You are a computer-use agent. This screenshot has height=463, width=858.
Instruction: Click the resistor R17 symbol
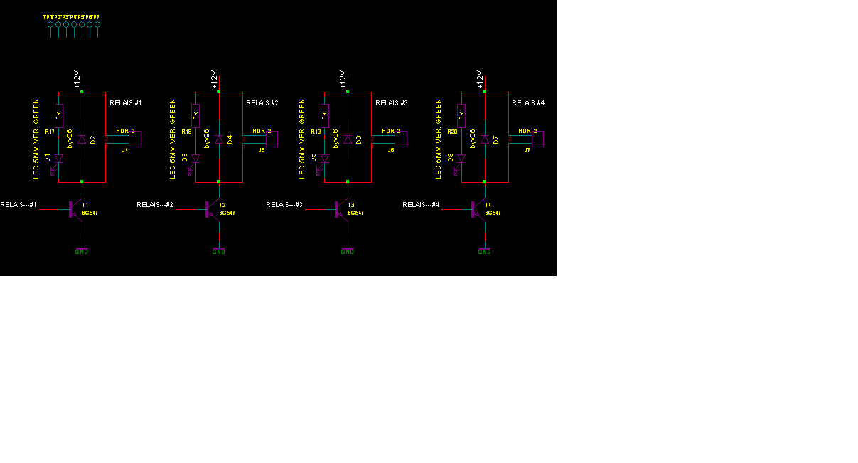(59, 115)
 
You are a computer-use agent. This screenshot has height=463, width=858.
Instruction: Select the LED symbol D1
(59, 159)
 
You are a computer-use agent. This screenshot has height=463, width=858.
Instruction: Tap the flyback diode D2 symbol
(82, 139)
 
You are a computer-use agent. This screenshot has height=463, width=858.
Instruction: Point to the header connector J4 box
(136, 139)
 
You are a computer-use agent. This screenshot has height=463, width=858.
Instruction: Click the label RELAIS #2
(262, 103)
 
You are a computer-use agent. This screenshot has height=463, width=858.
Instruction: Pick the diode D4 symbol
(219, 139)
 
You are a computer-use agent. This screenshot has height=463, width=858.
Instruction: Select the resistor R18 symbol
(195, 115)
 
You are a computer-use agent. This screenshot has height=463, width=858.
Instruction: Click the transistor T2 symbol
(211, 208)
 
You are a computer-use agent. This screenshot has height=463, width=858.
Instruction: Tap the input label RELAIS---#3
(284, 205)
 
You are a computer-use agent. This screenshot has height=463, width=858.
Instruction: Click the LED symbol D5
(324, 159)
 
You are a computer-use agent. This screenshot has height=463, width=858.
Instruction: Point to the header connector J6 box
(401, 139)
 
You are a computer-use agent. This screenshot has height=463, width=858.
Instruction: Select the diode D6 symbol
(348, 139)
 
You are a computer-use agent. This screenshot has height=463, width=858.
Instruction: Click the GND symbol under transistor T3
(347, 251)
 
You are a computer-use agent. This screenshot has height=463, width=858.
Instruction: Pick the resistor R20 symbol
(461, 115)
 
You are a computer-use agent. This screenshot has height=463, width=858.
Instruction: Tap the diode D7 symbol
(485, 139)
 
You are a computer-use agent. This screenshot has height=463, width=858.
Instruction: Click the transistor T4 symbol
(477, 208)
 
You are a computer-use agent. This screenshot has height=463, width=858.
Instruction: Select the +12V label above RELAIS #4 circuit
(480, 79)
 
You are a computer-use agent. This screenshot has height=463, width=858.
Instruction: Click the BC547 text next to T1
(90, 213)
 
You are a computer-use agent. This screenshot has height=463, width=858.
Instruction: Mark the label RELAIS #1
(126, 103)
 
